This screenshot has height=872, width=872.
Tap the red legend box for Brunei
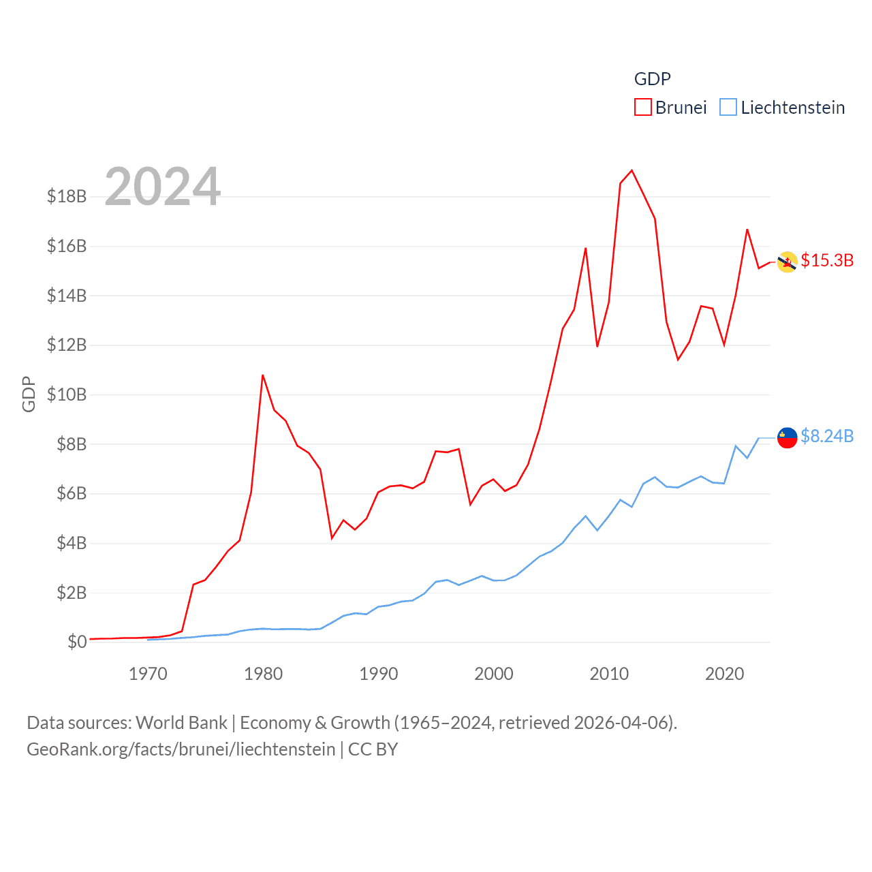coord(642,108)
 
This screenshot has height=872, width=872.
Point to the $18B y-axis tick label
coord(67,197)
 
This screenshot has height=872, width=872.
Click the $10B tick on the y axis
coord(67,394)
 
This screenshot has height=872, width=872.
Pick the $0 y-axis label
coord(77,642)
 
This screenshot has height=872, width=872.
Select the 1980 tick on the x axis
coord(263,674)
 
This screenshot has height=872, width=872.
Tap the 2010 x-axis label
coord(609,674)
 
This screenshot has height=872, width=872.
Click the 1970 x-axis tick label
coord(148,674)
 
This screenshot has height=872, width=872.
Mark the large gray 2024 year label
coord(163,187)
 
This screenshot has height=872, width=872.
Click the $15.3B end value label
coord(827,260)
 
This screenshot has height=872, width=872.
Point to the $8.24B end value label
coord(827,436)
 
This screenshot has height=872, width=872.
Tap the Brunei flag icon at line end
coord(787,262)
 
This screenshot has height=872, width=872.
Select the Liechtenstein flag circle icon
coord(787,438)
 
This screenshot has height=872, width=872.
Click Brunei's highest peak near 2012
coord(632,170)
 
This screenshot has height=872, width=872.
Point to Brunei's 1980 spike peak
coord(263,375)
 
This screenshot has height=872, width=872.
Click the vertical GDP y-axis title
coord(29,394)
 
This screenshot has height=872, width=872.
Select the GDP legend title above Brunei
coord(652,79)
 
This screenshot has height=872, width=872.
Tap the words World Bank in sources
coord(182,723)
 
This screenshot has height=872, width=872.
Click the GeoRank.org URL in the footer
coord(181,749)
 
